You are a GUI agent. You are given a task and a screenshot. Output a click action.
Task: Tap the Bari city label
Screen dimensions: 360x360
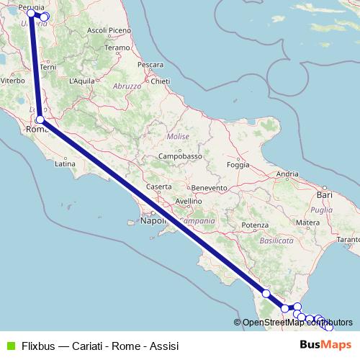pos(325,194)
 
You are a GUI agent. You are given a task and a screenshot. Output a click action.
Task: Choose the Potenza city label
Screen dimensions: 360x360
pos(254,225)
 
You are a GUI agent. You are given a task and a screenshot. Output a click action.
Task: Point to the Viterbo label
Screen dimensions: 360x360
pos(12,81)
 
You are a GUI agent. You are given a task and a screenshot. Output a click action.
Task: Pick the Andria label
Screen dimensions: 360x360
pos(287,174)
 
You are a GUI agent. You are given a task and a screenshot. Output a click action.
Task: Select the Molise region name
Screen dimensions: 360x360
pos(177,136)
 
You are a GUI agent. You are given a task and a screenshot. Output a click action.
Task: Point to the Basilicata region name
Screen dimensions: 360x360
pos(277,239)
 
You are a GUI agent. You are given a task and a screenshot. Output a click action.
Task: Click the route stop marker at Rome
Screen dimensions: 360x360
pos(40,120)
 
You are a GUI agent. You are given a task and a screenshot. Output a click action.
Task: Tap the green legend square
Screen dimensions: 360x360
pos(9,344)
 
